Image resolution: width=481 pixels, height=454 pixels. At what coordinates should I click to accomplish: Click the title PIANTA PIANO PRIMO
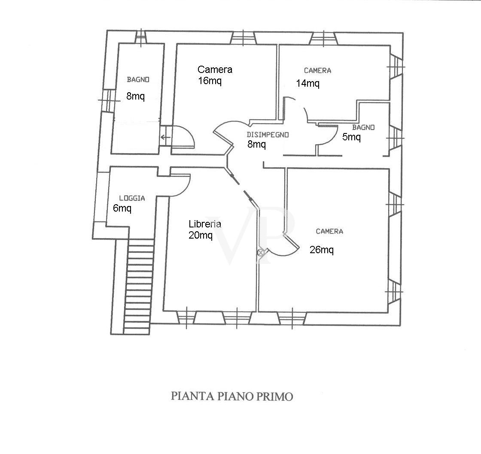(232, 396)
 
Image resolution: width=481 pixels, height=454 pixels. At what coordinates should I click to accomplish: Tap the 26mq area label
(322, 250)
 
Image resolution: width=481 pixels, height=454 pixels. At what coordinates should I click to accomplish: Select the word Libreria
(205, 224)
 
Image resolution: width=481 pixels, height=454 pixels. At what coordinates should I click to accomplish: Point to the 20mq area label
(200, 235)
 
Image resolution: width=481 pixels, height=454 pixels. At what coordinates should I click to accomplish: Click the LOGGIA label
(132, 198)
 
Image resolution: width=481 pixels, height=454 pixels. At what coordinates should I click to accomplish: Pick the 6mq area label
(122, 208)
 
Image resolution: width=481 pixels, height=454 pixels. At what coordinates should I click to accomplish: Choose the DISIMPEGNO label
(268, 135)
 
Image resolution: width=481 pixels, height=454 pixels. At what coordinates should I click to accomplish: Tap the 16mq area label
(210, 81)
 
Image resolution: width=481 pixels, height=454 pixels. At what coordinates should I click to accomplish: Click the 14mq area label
(307, 83)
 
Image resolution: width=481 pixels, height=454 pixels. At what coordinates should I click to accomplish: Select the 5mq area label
(351, 137)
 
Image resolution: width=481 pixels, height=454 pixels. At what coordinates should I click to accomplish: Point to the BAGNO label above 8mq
(138, 80)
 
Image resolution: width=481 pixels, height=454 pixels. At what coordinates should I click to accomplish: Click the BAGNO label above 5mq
(363, 127)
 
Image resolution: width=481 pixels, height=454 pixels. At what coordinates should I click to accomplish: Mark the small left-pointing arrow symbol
(166, 137)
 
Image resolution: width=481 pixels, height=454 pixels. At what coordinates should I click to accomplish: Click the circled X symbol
(261, 253)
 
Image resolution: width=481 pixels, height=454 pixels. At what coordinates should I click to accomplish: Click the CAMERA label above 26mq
(329, 231)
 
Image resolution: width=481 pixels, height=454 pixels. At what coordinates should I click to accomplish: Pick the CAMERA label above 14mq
(317, 70)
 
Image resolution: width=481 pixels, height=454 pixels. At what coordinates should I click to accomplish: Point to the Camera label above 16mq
(215, 70)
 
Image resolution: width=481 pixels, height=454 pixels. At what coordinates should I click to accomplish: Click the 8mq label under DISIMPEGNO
(256, 144)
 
